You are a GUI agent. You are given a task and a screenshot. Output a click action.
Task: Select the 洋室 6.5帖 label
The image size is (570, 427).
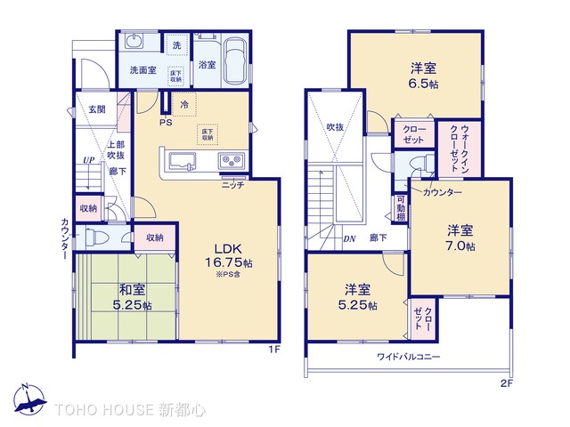click(x=423, y=76)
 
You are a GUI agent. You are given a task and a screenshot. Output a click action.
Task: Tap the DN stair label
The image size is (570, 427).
click(x=349, y=238)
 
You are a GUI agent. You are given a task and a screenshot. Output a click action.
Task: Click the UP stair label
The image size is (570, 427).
click(x=88, y=161)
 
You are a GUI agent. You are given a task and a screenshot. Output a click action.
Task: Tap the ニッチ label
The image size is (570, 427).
click(x=232, y=185)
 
